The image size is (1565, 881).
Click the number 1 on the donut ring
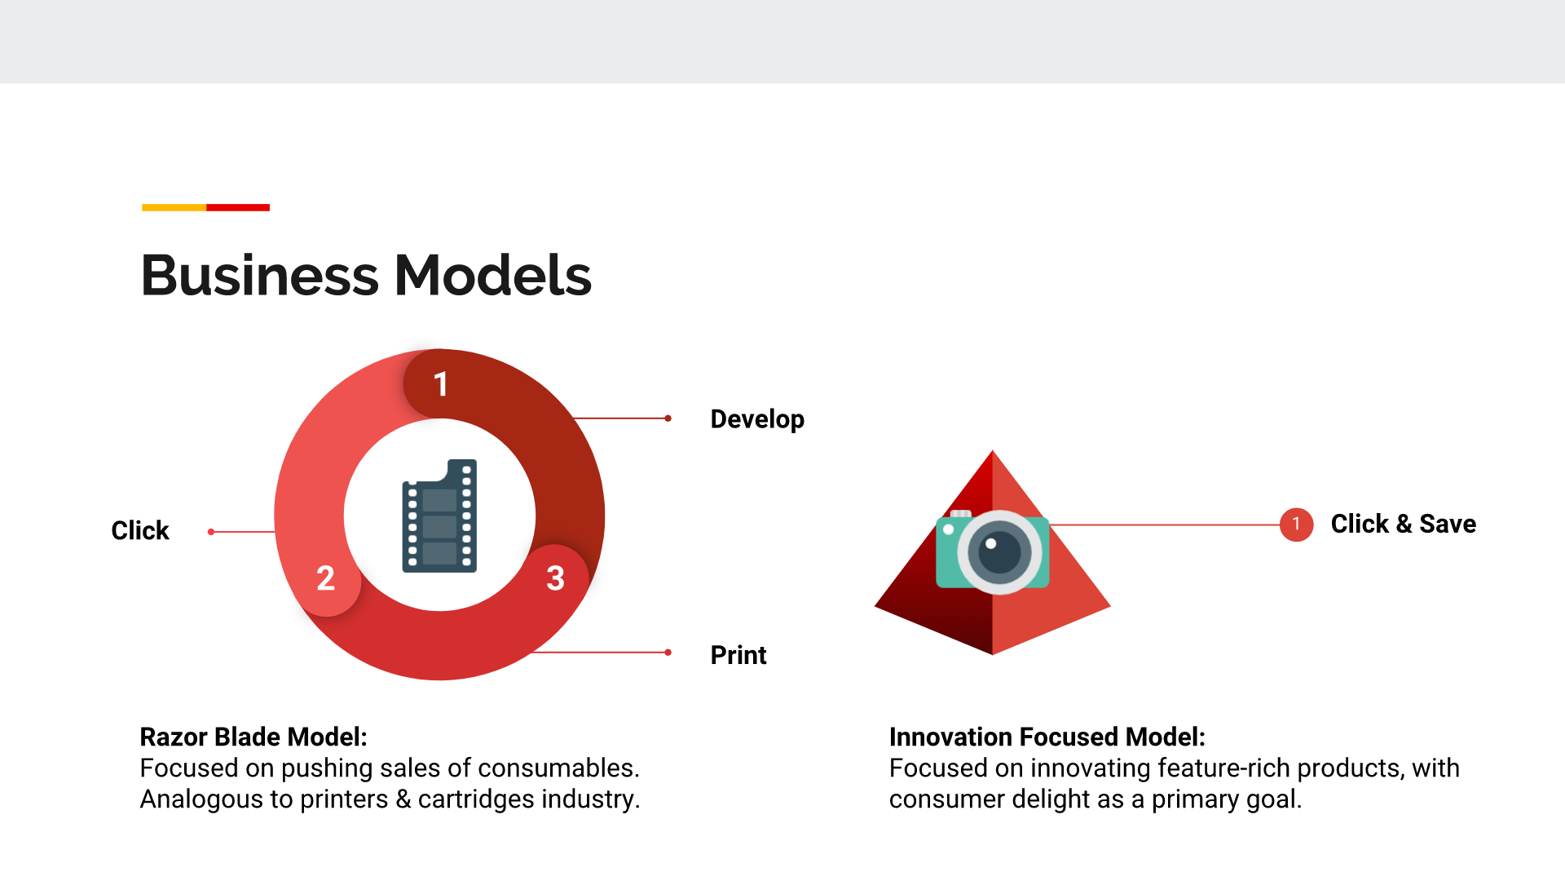click(x=441, y=384)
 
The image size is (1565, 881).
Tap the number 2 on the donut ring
click(x=325, y=578)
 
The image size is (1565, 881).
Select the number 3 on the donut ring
click(x=555, y=578)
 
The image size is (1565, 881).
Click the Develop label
click(x=757, y=419)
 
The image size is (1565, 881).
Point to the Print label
click(x=738, y=655)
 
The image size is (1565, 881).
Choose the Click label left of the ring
click(x=140, y=530)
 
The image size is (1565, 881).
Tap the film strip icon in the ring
click(x=439, y=516)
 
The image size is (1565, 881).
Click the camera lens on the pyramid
click(x=999, y=552)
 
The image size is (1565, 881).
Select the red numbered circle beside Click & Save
click(x=1296, y=525)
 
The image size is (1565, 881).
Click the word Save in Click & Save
click(x=1448, y=524)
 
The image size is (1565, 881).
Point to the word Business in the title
click(x=260, y=275)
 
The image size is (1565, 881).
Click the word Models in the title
click(x=493, y=275)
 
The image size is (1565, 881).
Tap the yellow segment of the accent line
click(x=174, y=207)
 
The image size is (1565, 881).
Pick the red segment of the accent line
click(x=238, y=207)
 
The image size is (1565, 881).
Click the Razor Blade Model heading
click(x=253, y=737)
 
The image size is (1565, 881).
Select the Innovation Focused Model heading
click(x=1047, y=737)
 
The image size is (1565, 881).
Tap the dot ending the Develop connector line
click(x=668, y=418)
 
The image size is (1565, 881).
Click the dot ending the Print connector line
click(x=668, y=653)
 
